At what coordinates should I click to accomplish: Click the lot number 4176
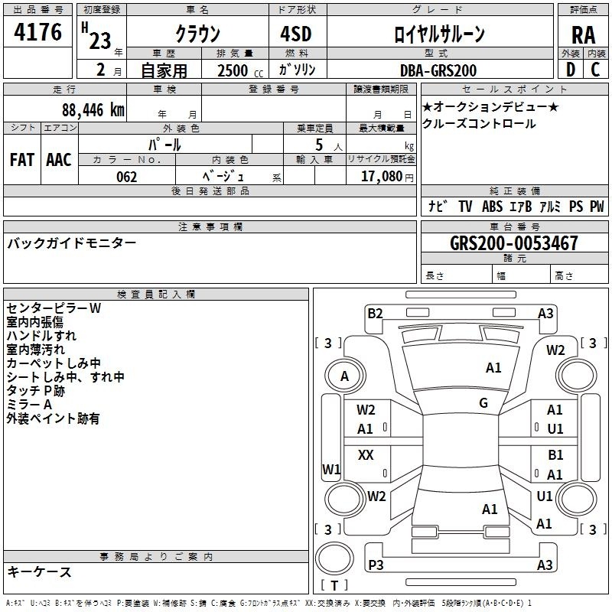(x=37, y=31)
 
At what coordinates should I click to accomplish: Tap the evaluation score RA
(x=584, y=35)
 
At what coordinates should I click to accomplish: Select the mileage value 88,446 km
(x=93, y=109)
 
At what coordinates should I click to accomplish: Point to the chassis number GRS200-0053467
(x=514, y=243)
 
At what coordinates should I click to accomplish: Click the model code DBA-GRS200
(x=438, y=70)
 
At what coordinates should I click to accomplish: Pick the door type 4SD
(x=296, y=34)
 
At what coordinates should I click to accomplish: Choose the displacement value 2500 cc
(x=240, y=70)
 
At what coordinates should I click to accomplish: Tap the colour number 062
(x=127, y=177)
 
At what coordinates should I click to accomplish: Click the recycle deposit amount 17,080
(x=382, y=176)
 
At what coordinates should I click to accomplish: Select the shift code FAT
(x=22, y=160)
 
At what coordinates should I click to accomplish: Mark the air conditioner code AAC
(x=59, y=160)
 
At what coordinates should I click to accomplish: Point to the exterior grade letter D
(x=571, y=70)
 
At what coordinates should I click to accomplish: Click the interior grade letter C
(x=595, y=70)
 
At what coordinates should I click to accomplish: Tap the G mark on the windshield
(x=483, y=402)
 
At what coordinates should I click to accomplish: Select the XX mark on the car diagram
(x=366, y=454)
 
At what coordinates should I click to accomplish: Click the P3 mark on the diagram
(x=376, y=565)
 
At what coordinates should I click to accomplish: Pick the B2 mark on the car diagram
(x=375, y=313)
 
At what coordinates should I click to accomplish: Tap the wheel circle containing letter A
(x=345, y=376)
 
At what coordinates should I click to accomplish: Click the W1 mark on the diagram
(x=331, y=469)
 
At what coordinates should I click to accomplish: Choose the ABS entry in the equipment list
(x=492, y=207)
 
